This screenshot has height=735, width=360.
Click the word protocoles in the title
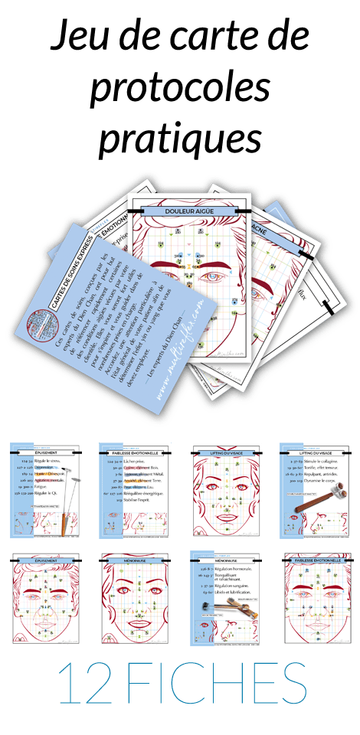180,90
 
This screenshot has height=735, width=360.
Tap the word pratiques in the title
179,141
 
